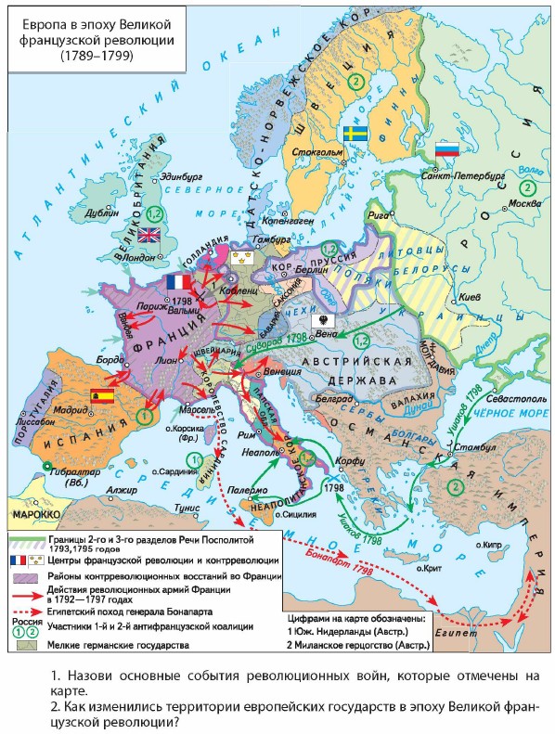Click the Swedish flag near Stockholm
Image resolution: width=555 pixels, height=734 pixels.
point(354,134)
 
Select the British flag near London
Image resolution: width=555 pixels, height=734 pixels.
point(148,234)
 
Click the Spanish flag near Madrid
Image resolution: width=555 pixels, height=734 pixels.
point(99,396)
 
